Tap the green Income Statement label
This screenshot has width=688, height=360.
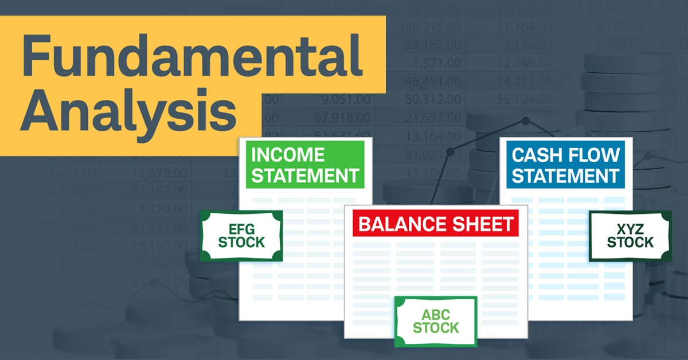(x=306, y=165)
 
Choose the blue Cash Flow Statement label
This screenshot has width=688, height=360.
(x=565, y=165)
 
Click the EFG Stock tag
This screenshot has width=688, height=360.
(x=241, y=236)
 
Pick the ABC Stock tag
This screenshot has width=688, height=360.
(x=436, y=322)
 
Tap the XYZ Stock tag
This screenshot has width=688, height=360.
(x=630, y=236)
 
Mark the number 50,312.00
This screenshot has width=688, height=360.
(x=431, y=100)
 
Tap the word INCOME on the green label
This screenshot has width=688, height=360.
(x=288, y=155)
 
